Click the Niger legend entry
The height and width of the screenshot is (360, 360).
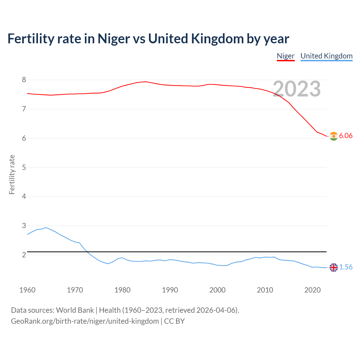coord(285,56)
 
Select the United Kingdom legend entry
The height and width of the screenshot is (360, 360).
coord(326,56)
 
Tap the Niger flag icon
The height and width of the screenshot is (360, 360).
coord(334,136)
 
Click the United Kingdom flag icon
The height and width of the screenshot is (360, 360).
coord(334,267)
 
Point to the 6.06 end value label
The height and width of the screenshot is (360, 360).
coord(346,136)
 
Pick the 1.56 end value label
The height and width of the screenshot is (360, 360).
coord(346,267)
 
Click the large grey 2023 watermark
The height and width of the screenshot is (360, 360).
coord(297,89)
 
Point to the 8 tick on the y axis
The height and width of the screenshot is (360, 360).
coord(24,80)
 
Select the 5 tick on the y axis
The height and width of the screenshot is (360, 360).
coord(24,167)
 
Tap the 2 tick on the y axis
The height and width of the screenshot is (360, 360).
coord(24,255)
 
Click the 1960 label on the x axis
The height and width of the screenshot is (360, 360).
coord(27,290)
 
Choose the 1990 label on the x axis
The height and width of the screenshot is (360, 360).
coord(170,290)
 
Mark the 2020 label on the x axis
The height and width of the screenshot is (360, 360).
coord(312,290)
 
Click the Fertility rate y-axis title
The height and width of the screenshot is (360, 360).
coord(12,174)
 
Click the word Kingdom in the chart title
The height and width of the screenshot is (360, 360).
coord(217,39)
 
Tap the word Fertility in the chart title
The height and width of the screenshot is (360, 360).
coord(31,39)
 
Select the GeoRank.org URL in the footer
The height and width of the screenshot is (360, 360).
coord(85,321)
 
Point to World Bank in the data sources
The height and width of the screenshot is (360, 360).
coord(75,310)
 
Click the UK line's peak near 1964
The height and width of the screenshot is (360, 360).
coord(46,228)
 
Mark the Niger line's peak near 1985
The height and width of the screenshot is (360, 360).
coord(146,82)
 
